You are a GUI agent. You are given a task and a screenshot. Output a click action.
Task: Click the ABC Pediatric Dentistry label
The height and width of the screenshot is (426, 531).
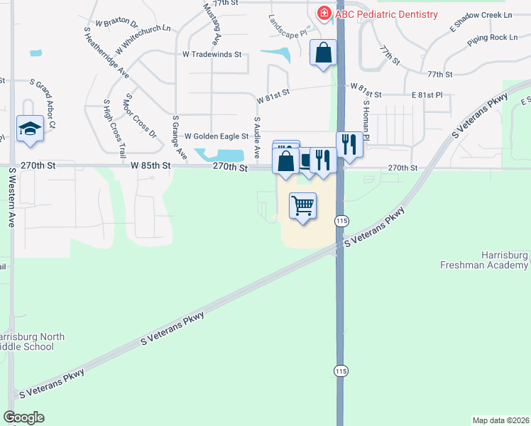point(387,13)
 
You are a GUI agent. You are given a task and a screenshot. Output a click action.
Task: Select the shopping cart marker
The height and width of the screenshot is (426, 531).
point(303,207)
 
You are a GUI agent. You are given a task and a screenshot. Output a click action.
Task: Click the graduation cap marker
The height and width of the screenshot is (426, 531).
point(31,129)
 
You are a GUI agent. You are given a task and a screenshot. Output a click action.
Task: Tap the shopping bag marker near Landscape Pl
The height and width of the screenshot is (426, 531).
point(323,53)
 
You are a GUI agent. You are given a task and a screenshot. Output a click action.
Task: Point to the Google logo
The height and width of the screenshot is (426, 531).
point(23,417)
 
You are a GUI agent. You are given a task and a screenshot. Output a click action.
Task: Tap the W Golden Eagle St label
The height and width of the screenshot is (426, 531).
point(217,136)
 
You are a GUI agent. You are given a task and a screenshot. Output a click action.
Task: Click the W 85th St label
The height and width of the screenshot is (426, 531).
point(151,165)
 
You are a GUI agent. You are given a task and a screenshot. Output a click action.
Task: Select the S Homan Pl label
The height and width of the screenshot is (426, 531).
point(366,116)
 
